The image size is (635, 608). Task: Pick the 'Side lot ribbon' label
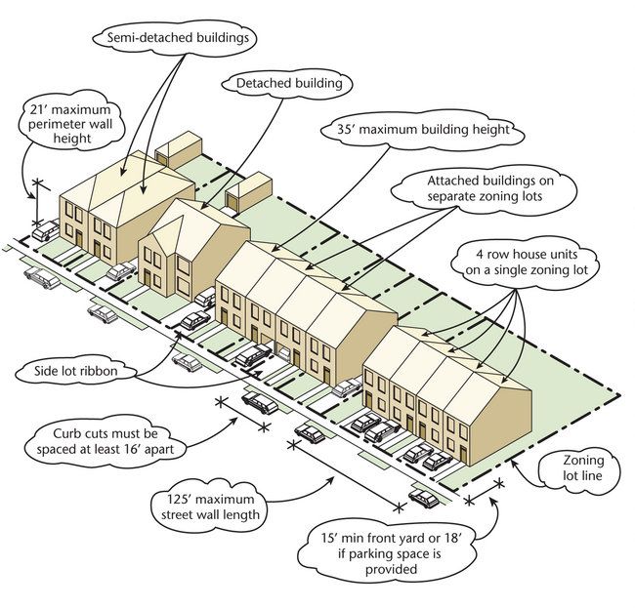click(89, 372)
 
